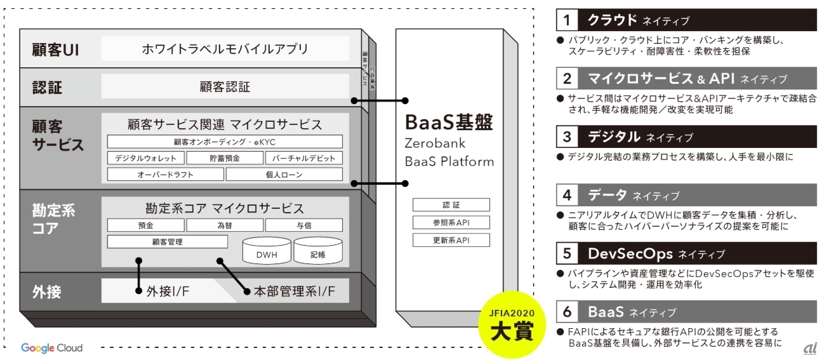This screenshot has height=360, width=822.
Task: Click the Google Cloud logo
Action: (x=51, y=348)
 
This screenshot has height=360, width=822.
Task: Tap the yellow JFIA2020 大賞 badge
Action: (x=512, y=325)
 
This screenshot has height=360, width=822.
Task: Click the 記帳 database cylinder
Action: (x=318, y=251)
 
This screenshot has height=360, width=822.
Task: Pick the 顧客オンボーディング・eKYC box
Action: (x=225, y=142)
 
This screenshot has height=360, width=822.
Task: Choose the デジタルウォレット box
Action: (x=146, y=158)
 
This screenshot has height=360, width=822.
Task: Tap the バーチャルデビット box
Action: (x=303, y=158)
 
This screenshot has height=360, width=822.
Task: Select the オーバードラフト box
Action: (x=165, y=175)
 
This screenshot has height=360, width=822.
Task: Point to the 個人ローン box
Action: (x=284, y=175)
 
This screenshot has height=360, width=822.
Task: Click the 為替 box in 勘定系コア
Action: (x=225, y=225)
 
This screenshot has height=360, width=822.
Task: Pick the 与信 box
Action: (x=303, y=225)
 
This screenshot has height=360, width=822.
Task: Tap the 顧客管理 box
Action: (x=167, y=242)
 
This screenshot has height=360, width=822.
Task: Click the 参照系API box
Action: (x=451, y=223)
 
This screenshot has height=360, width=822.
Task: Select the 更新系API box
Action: (x=451, y=241)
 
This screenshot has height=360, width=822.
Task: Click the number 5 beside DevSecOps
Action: (x=566, y=254)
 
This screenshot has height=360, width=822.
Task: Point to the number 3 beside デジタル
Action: (x=566, y=137)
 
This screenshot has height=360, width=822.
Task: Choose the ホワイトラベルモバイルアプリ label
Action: (x=225, y=48)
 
